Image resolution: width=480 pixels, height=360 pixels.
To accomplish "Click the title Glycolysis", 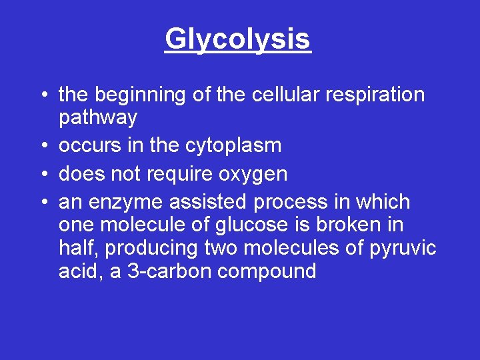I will point(238,39).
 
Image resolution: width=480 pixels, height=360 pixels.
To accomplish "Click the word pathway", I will point(98,119).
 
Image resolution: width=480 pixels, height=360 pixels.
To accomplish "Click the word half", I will point(78,248).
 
